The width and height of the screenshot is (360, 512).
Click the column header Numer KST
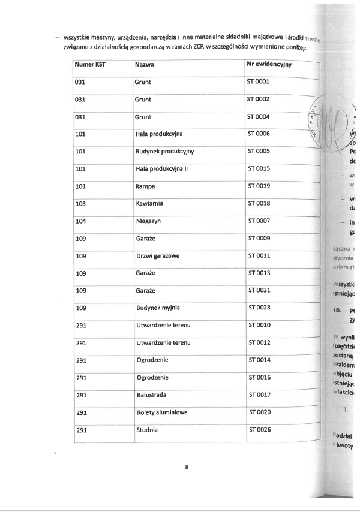pos(90,64)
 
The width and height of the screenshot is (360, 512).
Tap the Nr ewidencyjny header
pos(269,64)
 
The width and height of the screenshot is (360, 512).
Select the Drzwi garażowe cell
pos(158,256)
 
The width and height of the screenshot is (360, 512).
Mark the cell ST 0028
pos(259,308)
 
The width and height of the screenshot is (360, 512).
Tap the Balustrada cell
pos(151,395)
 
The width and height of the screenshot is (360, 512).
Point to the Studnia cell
pos(147,430)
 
